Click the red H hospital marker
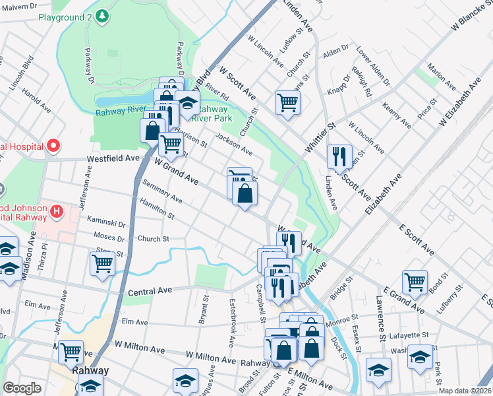pos(57,213)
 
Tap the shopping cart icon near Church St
pos(287,102)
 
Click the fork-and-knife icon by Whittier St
pos(339,156)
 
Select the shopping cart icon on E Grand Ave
pos(415,282)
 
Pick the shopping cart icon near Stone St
pos(102,264)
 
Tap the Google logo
pos(22,388)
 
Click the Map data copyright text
pos(465,391)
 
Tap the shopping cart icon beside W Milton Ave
pos(70,352)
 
